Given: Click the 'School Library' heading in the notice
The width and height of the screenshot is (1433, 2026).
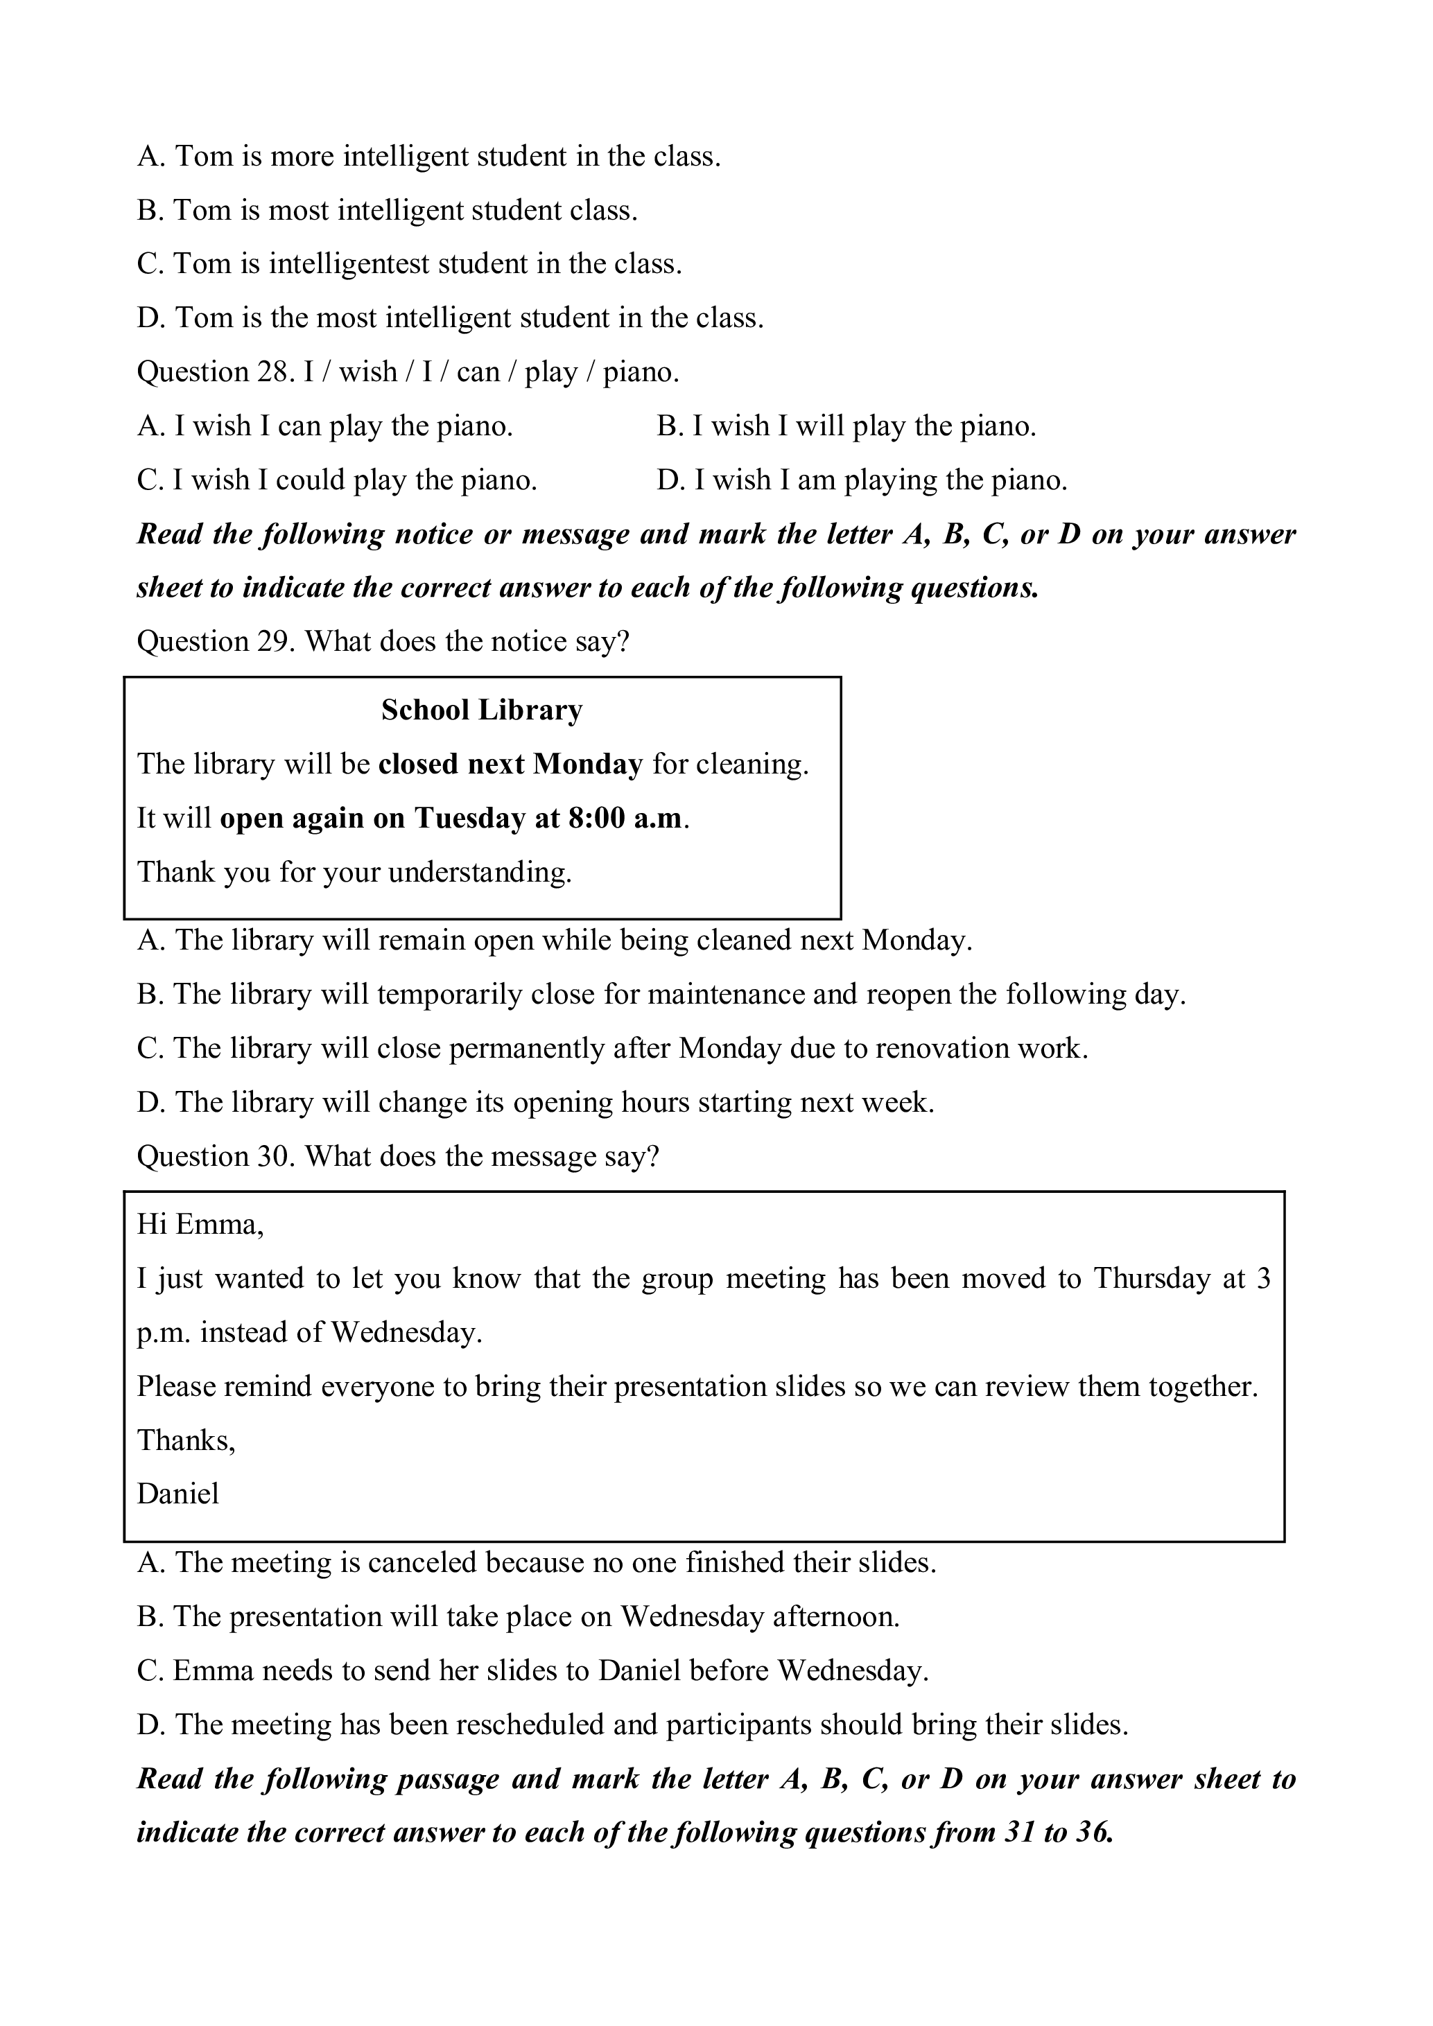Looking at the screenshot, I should (482, 710).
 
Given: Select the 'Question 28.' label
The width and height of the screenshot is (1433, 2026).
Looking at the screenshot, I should (216, 372).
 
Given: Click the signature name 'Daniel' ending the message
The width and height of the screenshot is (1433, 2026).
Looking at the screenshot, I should (177, 1494).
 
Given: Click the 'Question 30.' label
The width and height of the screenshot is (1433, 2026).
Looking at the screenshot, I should (216, 1157).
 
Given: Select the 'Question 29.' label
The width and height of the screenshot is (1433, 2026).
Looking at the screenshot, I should (216, 642).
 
